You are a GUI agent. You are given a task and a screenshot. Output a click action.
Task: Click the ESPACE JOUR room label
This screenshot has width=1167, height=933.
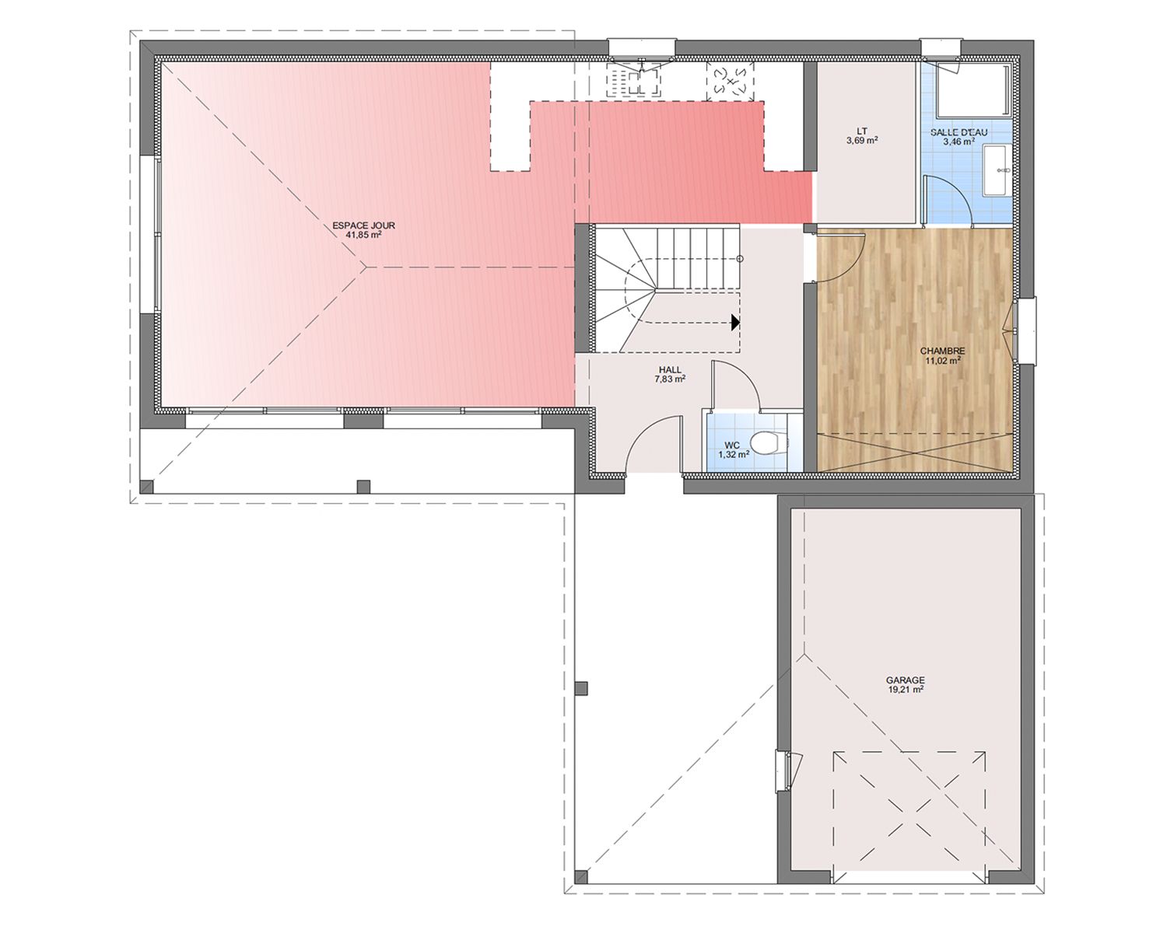pyautogui.click(x=363, y=225)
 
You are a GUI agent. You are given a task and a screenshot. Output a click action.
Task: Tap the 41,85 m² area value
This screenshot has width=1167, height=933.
pyautogui.click(x=363, y=236)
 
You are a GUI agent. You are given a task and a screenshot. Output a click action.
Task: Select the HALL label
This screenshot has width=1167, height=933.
pyautogui.click(x=671, y=370)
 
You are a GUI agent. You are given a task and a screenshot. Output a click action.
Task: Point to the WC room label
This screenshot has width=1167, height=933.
pyautogui.click(x=731, y=446)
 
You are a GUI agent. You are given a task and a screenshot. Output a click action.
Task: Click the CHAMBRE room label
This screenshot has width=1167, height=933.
pyautogui.click(x=942, y=351)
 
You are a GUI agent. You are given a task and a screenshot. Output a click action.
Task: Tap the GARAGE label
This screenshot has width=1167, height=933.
pyautogui.click(x=905, y=680)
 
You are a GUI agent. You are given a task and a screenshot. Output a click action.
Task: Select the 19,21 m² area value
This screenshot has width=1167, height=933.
pyautogui.click(x=906, y=690)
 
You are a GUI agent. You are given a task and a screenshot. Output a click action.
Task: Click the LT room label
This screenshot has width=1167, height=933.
pyautogui.click(x=862, y=131)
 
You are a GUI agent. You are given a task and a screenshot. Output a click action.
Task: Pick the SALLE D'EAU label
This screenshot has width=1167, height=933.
pyautogui.click(x=958, y=132)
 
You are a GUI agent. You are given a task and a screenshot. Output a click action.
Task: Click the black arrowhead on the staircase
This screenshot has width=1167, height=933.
pyautogui.click(x=735, y=323)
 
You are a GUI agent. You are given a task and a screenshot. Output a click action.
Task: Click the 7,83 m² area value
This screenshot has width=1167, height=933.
pyautogui.click(x=671, y=379)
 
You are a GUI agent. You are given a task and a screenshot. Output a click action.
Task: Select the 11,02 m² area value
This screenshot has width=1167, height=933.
pyautogui.click(x=943, y=361)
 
